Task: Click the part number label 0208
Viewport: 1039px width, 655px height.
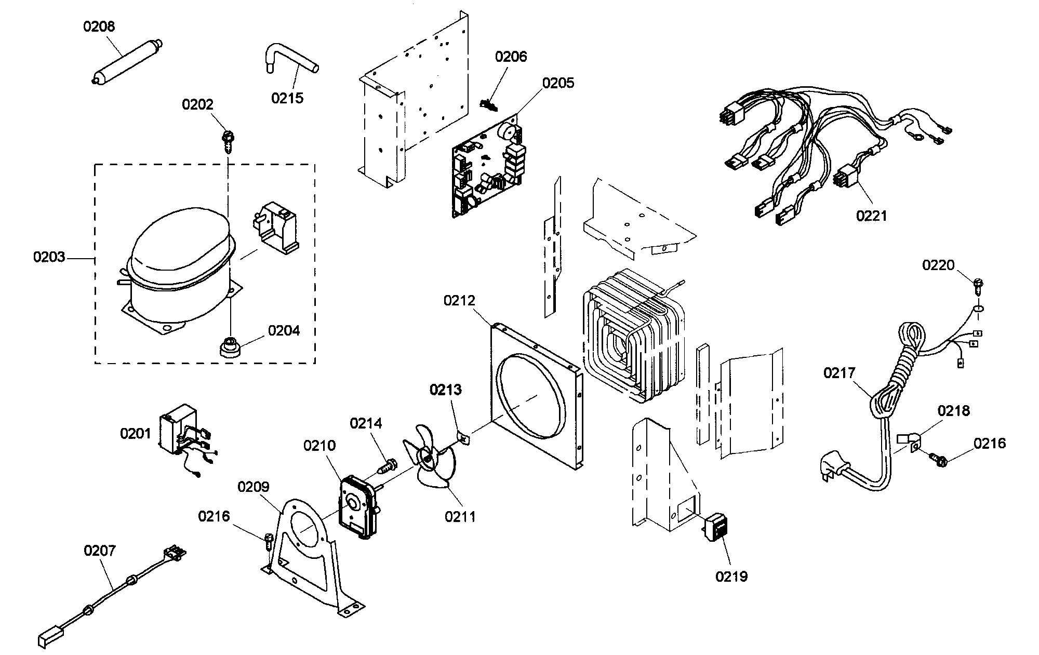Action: [x=99, y=26]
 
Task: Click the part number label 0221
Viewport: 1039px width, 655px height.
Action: [x=872, y=215]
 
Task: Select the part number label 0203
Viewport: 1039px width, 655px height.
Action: [x=49, y=257]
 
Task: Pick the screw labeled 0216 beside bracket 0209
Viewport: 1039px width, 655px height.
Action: [x=269, y=541]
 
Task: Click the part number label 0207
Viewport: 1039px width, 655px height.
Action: [x=100, y=551]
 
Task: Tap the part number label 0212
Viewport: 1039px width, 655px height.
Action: [x=459, y=301]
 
